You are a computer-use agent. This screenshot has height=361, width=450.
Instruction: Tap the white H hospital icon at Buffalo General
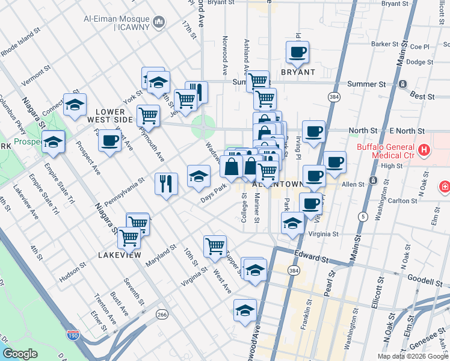(424, 149)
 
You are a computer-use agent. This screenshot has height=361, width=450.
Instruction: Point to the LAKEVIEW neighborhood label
(119, 255)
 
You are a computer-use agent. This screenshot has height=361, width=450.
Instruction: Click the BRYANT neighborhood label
(298, 72)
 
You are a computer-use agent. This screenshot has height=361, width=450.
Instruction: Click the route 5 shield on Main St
(363, 216)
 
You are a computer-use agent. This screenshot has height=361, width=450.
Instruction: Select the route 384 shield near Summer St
(333, 96)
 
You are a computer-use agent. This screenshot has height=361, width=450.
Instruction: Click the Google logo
(20, 354)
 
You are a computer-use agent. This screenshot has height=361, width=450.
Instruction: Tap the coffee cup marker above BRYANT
(297, 52)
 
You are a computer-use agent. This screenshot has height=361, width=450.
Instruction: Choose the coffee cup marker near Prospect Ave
(109, 141)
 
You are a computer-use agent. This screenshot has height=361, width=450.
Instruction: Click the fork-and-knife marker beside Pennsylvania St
(166, 182)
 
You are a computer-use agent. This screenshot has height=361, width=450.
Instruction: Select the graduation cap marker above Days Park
(199, 176)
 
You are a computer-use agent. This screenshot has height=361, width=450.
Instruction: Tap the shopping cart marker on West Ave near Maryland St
(214, 245)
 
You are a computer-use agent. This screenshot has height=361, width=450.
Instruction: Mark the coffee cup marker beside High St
(334, 162)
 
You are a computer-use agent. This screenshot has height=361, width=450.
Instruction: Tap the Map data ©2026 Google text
(412, 356)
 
